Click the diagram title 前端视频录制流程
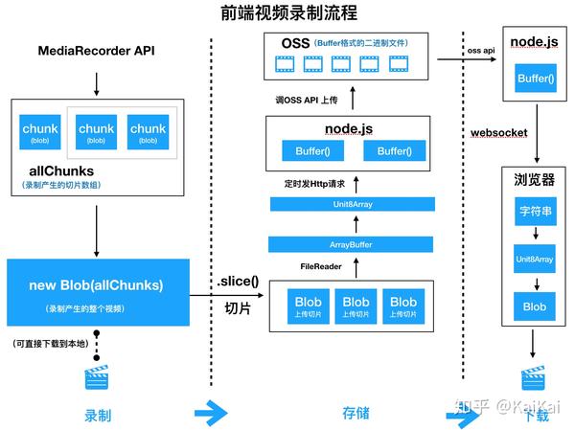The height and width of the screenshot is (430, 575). point(287,12)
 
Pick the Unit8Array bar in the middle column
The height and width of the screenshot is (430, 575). point(352,203)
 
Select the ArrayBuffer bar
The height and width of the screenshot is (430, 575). point(352,245)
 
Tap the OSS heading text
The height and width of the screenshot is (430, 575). point(296,44)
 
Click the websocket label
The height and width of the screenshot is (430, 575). point(499,132)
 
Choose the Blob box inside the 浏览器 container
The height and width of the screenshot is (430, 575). point(534,306)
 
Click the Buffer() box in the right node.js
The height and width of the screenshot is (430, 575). point(534,78)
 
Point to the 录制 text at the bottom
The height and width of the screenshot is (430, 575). point(96,415)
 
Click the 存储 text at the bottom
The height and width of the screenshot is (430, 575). point(356,414)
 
